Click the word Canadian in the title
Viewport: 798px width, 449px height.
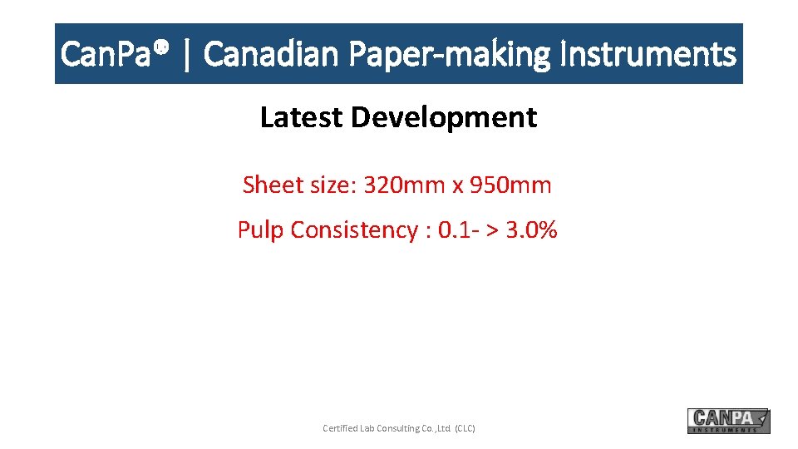tap(271, 55)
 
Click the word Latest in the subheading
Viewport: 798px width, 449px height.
tap(302, 117)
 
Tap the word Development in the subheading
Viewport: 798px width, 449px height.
tap(444, 117)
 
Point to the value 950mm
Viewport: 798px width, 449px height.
tap(510, 185)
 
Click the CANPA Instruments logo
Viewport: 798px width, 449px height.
tap(728, 421)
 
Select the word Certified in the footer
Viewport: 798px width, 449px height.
tap(341, 428)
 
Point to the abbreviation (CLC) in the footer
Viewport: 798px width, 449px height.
tap(465, 428)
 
